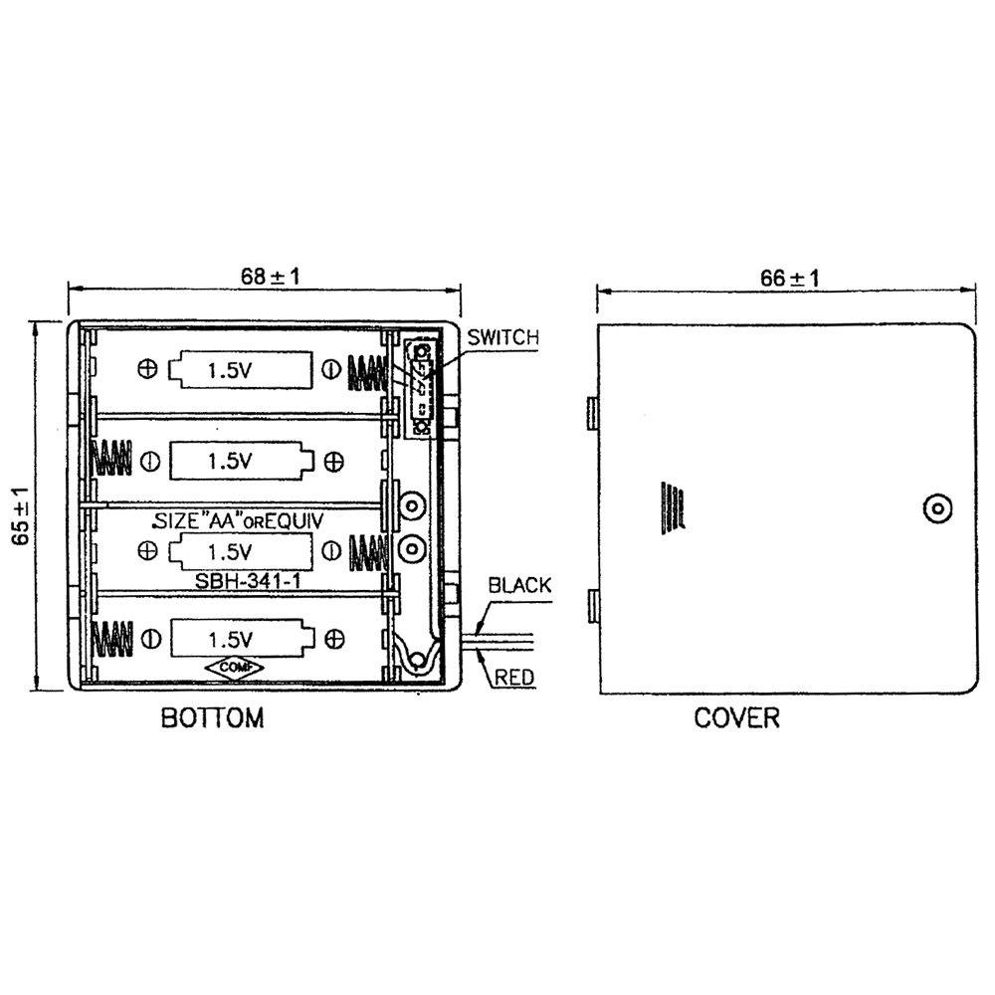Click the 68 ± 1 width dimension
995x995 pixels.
click(270, 277)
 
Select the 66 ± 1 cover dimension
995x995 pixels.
click(789, 278)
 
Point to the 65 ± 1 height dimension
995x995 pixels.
click(21, 515)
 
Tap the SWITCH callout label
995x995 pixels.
click(502, 337)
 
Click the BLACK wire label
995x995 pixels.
click(519, 585)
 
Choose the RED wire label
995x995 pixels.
click(514, 677)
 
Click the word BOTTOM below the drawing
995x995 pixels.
click(212, 717)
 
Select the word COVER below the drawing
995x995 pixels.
click(736, 717)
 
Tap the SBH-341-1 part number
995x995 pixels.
click(248, 581)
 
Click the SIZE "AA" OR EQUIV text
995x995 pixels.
click(239, 521)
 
